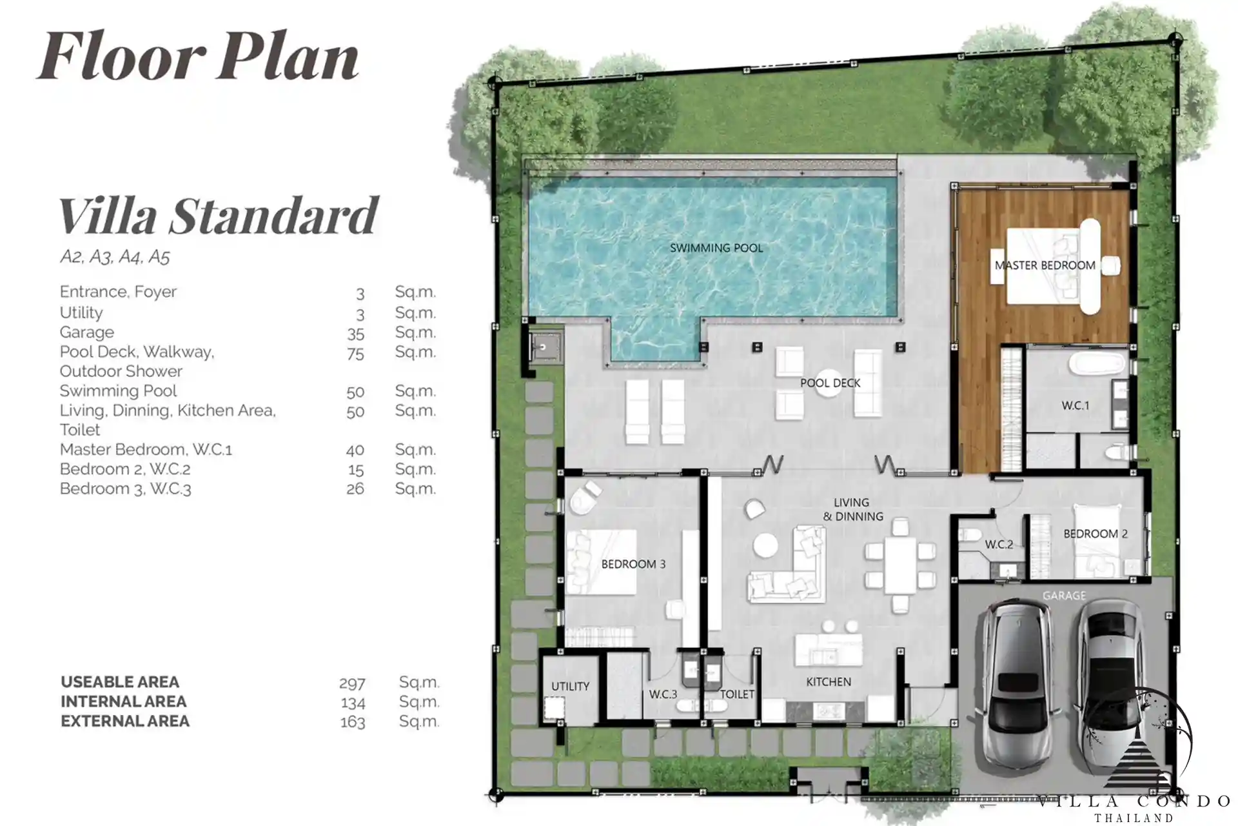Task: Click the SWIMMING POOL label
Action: pos(716,248)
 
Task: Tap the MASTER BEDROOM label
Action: pos(1045,265)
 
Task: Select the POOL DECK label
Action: pos(830,383)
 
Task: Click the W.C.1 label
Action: pos(1075,405)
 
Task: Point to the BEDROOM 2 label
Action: pos(1096,534)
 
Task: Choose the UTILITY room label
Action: pos(570,686)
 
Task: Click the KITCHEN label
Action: pos(829,681)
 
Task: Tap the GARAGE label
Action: pos(1064,596)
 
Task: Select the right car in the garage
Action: pos(1108,685)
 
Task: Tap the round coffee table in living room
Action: pos(766,545)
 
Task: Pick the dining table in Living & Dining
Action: pos(900,565)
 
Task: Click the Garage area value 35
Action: pos(355,334)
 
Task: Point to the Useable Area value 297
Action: pos(352,683)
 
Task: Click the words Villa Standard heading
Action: pos(218,216)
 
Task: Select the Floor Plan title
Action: pos(197,56)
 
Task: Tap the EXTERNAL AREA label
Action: pos(125,721)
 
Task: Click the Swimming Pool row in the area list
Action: pos(248,391)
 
